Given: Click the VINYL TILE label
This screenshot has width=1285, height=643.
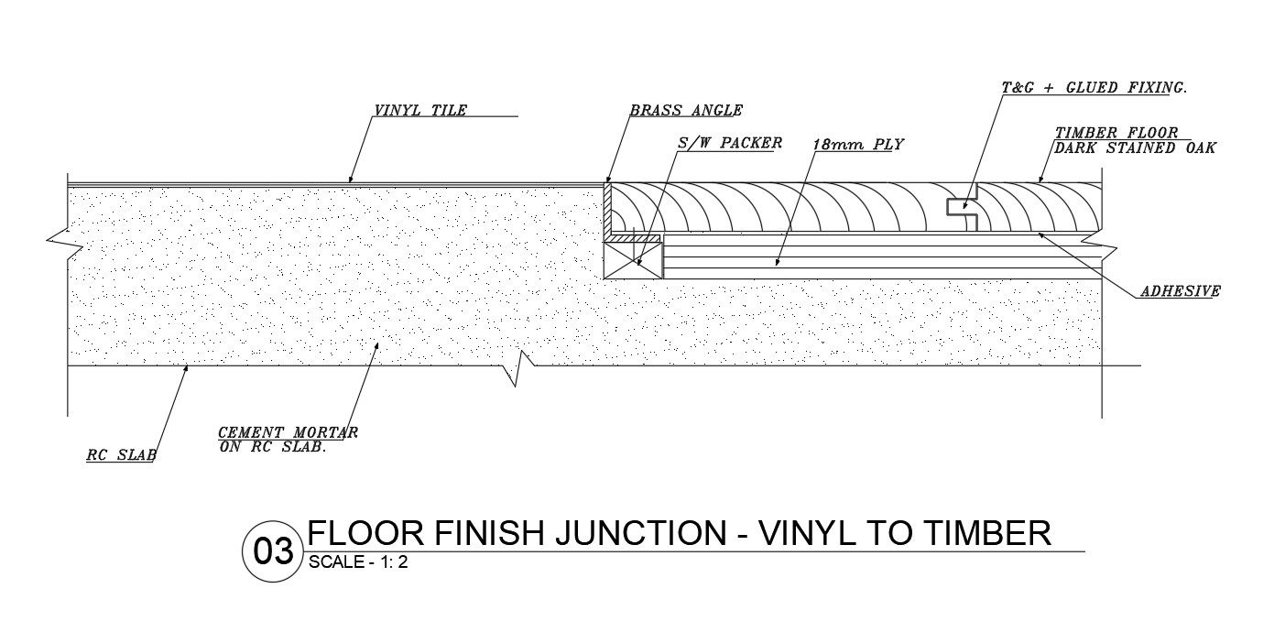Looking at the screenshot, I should coord(420,111).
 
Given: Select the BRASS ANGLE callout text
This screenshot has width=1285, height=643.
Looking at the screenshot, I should coord(686,111).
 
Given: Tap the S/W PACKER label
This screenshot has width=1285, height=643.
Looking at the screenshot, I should coord(730,143).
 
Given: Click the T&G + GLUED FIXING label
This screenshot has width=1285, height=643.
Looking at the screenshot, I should coord(1094,88).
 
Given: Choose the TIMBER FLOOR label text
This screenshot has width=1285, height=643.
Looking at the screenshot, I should coord(1116,134).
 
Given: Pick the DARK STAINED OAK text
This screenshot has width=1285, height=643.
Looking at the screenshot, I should coord(1135,147).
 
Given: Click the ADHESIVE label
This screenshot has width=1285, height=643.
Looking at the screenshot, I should coord(1180,292).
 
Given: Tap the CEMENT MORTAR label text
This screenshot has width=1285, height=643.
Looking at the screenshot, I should coord(288,432).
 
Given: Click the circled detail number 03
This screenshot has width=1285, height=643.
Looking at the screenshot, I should coord(272,551).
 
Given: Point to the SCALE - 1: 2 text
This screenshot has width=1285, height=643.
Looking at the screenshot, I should coord(358,563).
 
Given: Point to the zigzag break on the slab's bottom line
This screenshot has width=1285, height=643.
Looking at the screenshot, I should coord(522,367).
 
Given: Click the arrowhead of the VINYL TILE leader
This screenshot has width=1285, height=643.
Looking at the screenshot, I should coord(351,180).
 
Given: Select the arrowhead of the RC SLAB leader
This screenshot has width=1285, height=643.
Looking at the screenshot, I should coord(188,368).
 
